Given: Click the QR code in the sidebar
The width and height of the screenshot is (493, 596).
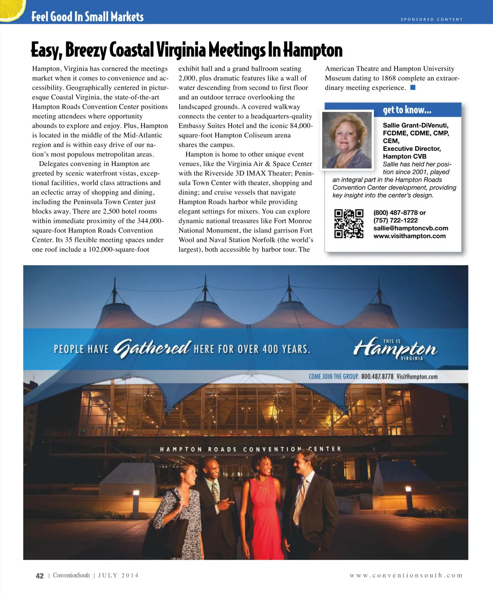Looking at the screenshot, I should tap(349, 224).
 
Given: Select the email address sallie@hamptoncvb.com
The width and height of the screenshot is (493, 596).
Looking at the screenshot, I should tap(410, 228).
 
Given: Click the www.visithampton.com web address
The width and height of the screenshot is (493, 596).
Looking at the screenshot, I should tap(409, 236).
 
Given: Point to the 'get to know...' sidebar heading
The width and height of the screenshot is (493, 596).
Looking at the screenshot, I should tap(407, 110).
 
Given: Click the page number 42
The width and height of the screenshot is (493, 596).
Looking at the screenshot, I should tap(39, 575).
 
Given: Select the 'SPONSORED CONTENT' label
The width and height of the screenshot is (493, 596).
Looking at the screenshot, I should tap(431, 19).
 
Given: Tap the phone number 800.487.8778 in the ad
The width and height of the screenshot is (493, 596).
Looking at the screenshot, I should tap(377, 377).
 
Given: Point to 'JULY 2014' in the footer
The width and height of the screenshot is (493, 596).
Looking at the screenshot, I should tap(118, 575).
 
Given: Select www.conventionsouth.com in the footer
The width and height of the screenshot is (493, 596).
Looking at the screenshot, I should tap(406, 575).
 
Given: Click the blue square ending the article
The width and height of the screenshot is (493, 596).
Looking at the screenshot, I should tap(413, 88).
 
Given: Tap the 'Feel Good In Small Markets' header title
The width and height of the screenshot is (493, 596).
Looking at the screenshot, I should tap(88, 17).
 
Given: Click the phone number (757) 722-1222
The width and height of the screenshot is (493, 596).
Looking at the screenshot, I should tap(395, 220).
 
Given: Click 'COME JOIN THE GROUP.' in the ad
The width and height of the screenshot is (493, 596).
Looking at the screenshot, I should tap(333, 377).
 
